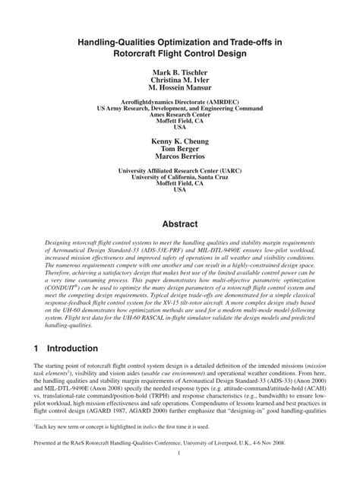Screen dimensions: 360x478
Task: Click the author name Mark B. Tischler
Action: click(x=180, y=73)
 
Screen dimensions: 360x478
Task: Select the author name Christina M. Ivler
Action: click(x=180, y=81)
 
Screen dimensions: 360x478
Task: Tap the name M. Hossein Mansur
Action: click(x=180, y=90)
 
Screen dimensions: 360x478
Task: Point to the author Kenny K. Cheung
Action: click(x=180, y=141)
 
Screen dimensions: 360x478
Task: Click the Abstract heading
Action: click(x=180, y=224)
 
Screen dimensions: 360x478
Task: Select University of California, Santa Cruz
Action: click(x=180, y=177)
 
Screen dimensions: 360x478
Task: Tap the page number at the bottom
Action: click(x=180, y=454)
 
